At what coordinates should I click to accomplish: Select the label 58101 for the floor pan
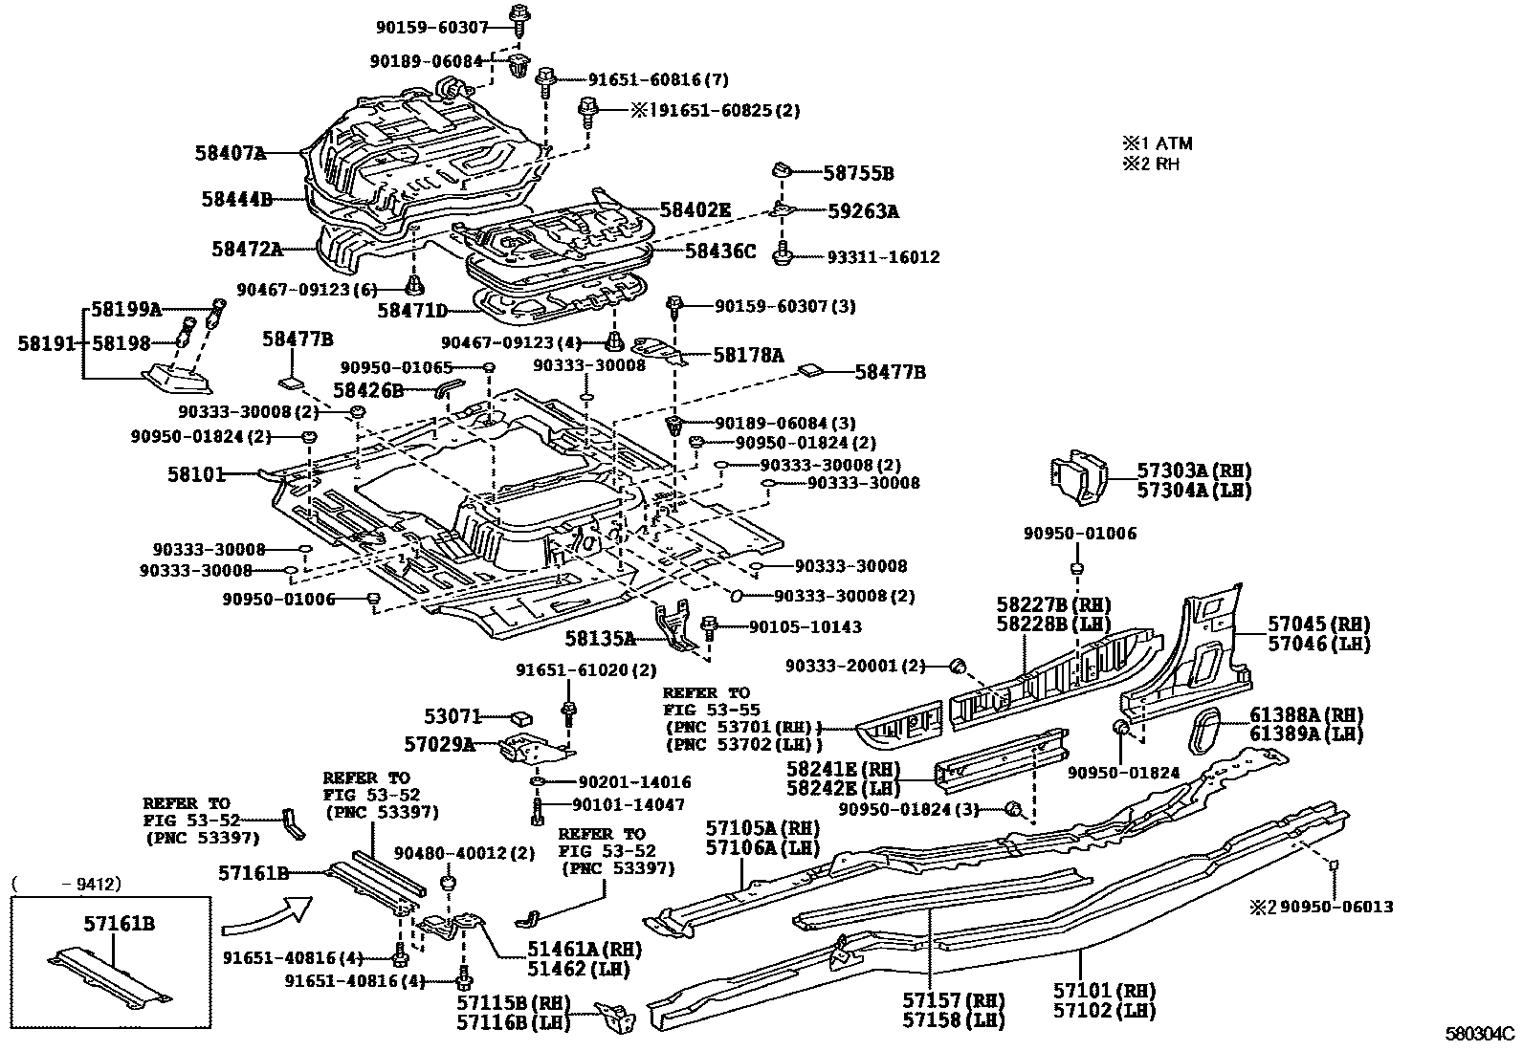coord(196,473)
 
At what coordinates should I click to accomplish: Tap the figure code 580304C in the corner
coord(1479,1034)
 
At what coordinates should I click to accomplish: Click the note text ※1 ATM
coord(1158,143)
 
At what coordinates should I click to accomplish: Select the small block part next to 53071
coord(520,716)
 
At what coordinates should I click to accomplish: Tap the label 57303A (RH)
coord(1193,471)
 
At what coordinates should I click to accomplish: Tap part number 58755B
coord(858,173)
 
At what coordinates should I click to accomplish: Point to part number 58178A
coord(747,355)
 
